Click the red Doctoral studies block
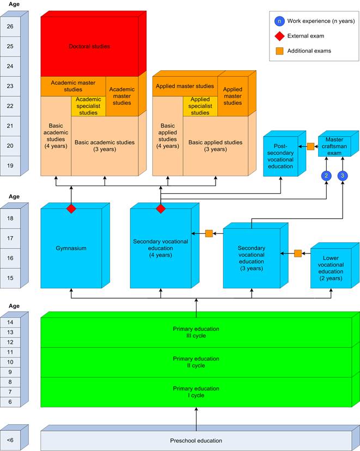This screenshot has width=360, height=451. [x=89, y=47]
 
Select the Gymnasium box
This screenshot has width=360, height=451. [x=71, y=248]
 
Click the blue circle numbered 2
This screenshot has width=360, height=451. [x=326, y=175]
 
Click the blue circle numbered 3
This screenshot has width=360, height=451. [x=343, y=175]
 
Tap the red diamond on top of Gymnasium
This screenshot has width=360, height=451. [x=71, y=209]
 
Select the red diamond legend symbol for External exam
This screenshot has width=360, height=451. [x=279, y=36]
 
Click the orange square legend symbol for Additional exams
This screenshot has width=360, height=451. [x=279, y=51]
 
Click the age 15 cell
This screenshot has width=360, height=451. [x=11, y=278]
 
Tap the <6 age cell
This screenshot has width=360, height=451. [x=11, y=440]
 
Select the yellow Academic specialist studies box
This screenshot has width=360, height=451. [x=88, y=106]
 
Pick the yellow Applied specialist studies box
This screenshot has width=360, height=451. [x=200, y=106]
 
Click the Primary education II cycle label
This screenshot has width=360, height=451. [x=196, y=362]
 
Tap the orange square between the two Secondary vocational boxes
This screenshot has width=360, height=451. [x=209, y=233]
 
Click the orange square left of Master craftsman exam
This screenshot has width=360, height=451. [x=310, y=146]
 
